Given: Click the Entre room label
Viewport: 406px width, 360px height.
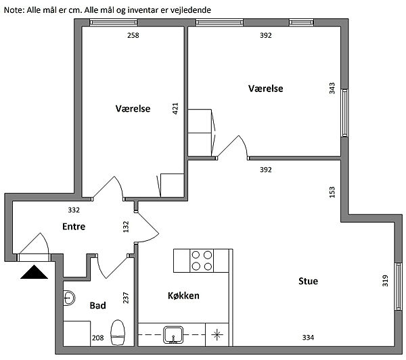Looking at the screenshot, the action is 74,227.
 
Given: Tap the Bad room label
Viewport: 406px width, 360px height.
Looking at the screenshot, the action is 97,306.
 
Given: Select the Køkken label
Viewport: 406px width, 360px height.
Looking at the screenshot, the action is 183,296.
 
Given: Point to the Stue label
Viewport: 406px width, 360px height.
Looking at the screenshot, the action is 308,282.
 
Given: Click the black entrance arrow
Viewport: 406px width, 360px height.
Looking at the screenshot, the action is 35,272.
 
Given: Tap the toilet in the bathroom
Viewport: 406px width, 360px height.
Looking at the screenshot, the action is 118,332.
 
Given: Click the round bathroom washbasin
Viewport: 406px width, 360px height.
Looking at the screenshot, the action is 69,298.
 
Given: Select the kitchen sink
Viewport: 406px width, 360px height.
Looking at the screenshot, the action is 173,335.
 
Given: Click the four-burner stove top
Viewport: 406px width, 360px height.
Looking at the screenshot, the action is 202,261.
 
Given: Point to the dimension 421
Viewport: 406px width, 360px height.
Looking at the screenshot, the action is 175,108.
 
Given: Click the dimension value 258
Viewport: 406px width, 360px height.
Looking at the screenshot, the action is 133,35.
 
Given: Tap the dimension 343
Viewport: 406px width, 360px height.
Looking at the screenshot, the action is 332,89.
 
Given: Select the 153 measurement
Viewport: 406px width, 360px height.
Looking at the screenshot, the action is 332,192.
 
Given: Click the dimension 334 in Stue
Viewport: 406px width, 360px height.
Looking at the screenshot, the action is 308,338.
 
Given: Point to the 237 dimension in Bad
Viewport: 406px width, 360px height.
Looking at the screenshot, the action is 126,298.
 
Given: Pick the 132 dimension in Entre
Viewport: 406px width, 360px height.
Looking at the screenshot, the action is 126,227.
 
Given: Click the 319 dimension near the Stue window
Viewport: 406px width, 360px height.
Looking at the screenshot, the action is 385,281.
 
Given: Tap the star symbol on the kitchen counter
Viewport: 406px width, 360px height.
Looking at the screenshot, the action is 217,335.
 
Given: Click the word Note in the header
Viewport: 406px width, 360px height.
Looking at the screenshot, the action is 14,10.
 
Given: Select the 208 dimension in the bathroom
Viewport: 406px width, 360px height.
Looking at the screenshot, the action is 98,338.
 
